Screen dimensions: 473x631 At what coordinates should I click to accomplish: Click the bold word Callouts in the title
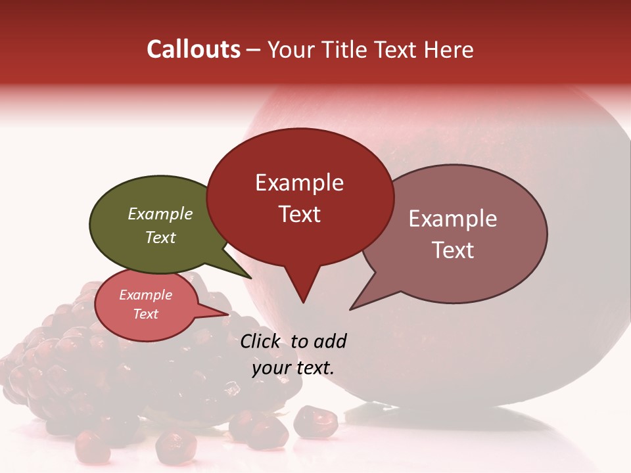coord(193,49)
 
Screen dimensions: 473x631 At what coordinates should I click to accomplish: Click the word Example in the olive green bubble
coord(160,214)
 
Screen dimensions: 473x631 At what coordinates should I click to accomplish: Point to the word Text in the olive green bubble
coord(160,237)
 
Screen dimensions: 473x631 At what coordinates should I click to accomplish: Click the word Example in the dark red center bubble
coord(299,182)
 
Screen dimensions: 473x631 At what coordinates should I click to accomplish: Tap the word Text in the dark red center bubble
coord(299,214)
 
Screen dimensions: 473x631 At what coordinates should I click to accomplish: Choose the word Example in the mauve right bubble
coord(453,218)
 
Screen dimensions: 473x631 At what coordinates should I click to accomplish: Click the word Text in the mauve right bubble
coord(453,250)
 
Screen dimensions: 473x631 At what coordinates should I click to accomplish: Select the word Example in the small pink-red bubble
coord(145,295)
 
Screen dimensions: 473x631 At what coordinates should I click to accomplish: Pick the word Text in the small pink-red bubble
coord(145,314)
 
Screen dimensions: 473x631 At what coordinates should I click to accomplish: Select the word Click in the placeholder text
coord(261,341)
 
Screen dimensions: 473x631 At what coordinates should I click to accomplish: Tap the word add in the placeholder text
coord(329,341)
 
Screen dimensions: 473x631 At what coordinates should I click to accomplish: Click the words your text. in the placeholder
coord(293,367)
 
